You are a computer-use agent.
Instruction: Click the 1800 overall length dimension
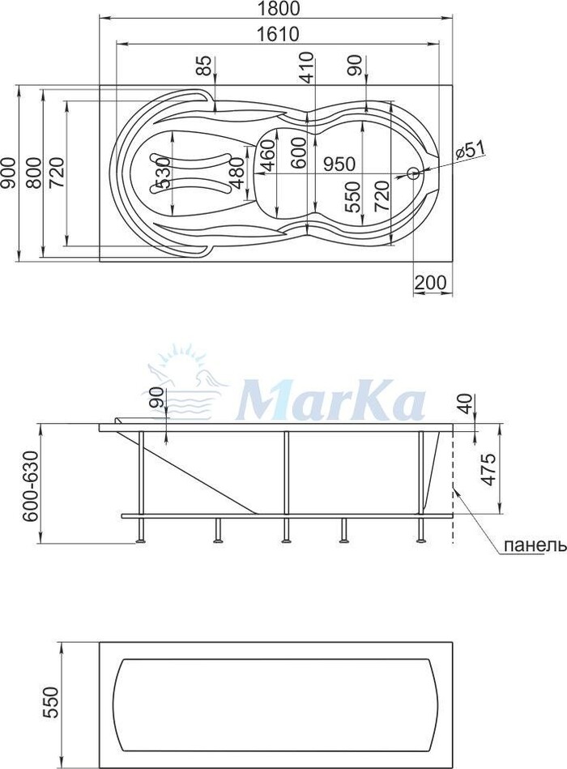tap(277, 8)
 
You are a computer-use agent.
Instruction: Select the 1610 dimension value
tap(277, 34)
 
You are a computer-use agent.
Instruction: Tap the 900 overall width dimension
tap(7, 173)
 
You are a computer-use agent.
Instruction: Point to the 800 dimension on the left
tap(33, 173)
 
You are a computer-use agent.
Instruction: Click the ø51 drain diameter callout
tap(470, 149)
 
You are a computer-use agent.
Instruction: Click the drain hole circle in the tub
tap(413, 173)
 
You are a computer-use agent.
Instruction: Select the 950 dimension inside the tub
tap(339, 164)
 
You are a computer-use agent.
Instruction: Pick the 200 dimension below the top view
tap(431, 283)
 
